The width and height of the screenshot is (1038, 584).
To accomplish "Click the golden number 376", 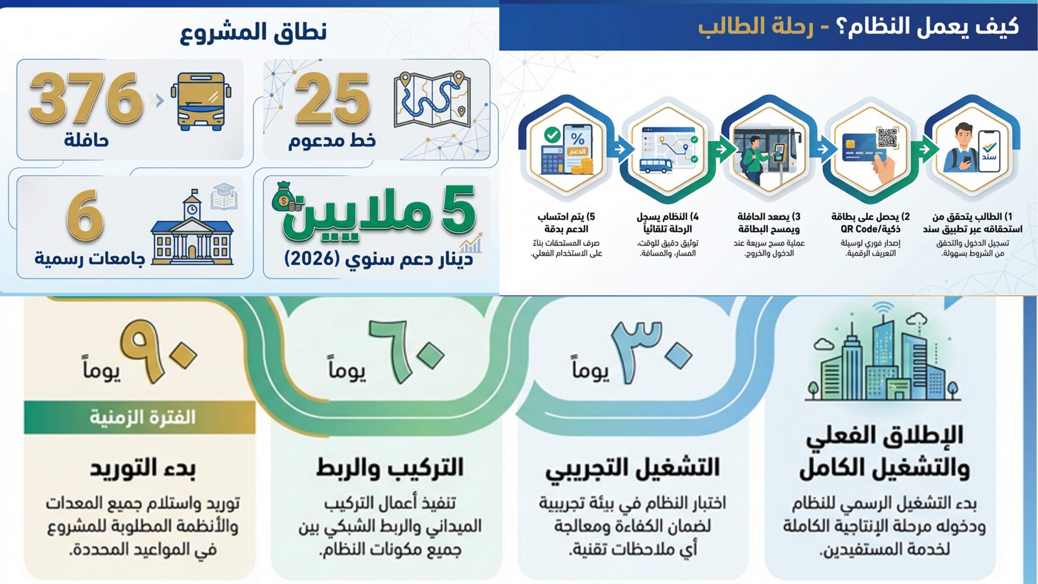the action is point(86,99).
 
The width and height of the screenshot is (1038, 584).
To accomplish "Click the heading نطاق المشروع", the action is point(253,32).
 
